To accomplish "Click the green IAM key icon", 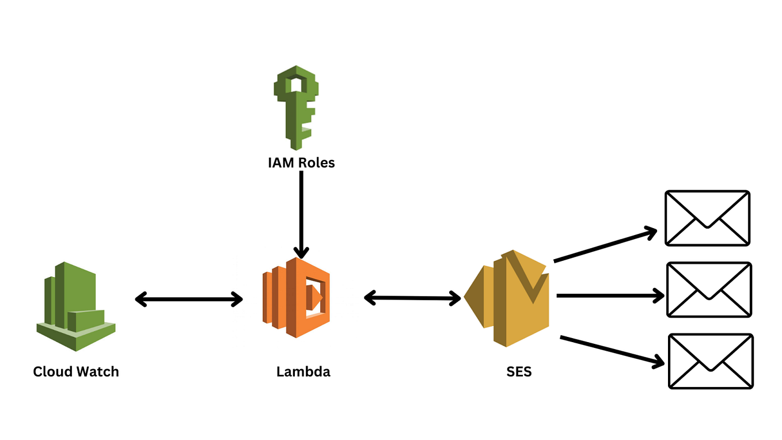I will (295, 107).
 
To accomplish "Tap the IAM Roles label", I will (301, 163).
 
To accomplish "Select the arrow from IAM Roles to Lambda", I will (301, 213).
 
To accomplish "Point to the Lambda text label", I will (303, 371).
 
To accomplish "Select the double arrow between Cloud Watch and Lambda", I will (189, 299).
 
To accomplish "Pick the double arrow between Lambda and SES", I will (413, 298).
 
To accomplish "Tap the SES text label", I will (519, 371).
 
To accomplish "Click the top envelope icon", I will (708, 218).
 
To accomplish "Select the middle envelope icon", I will (709, 290).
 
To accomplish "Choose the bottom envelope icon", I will (711, 361).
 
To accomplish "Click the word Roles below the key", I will (316, 163).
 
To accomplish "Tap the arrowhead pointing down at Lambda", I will (301, 252).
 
